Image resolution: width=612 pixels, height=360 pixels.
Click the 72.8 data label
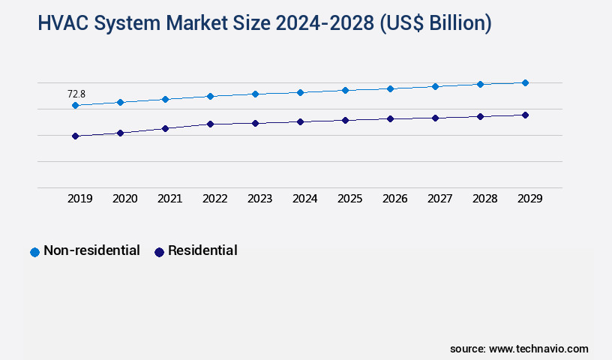(76, 94)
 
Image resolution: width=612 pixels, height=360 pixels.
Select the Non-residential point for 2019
(75, 106)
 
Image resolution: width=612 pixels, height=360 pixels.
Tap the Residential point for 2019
(75, 136)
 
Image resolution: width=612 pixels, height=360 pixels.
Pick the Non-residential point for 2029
(525, 82)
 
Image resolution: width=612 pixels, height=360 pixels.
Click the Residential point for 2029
(525, 115)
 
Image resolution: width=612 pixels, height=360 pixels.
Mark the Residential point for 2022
(210, 124)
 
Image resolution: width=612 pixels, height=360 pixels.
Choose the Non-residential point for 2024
(300, 92)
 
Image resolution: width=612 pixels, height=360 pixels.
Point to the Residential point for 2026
(390, 118)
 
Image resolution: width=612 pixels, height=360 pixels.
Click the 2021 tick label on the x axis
(169, 199)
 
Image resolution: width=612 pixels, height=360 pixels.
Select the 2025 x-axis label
(349, 199)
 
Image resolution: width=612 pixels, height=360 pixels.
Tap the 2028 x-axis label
(484, 199)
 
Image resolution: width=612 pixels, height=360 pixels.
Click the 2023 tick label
(259, 199)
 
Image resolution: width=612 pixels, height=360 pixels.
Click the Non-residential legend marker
(34, 252)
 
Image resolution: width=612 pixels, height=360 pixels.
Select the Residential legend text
(202, 250)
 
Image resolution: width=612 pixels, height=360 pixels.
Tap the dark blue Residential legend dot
(159, 252)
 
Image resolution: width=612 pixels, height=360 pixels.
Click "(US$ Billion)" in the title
(436, 23)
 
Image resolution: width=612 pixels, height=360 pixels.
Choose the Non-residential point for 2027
(435, 86)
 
